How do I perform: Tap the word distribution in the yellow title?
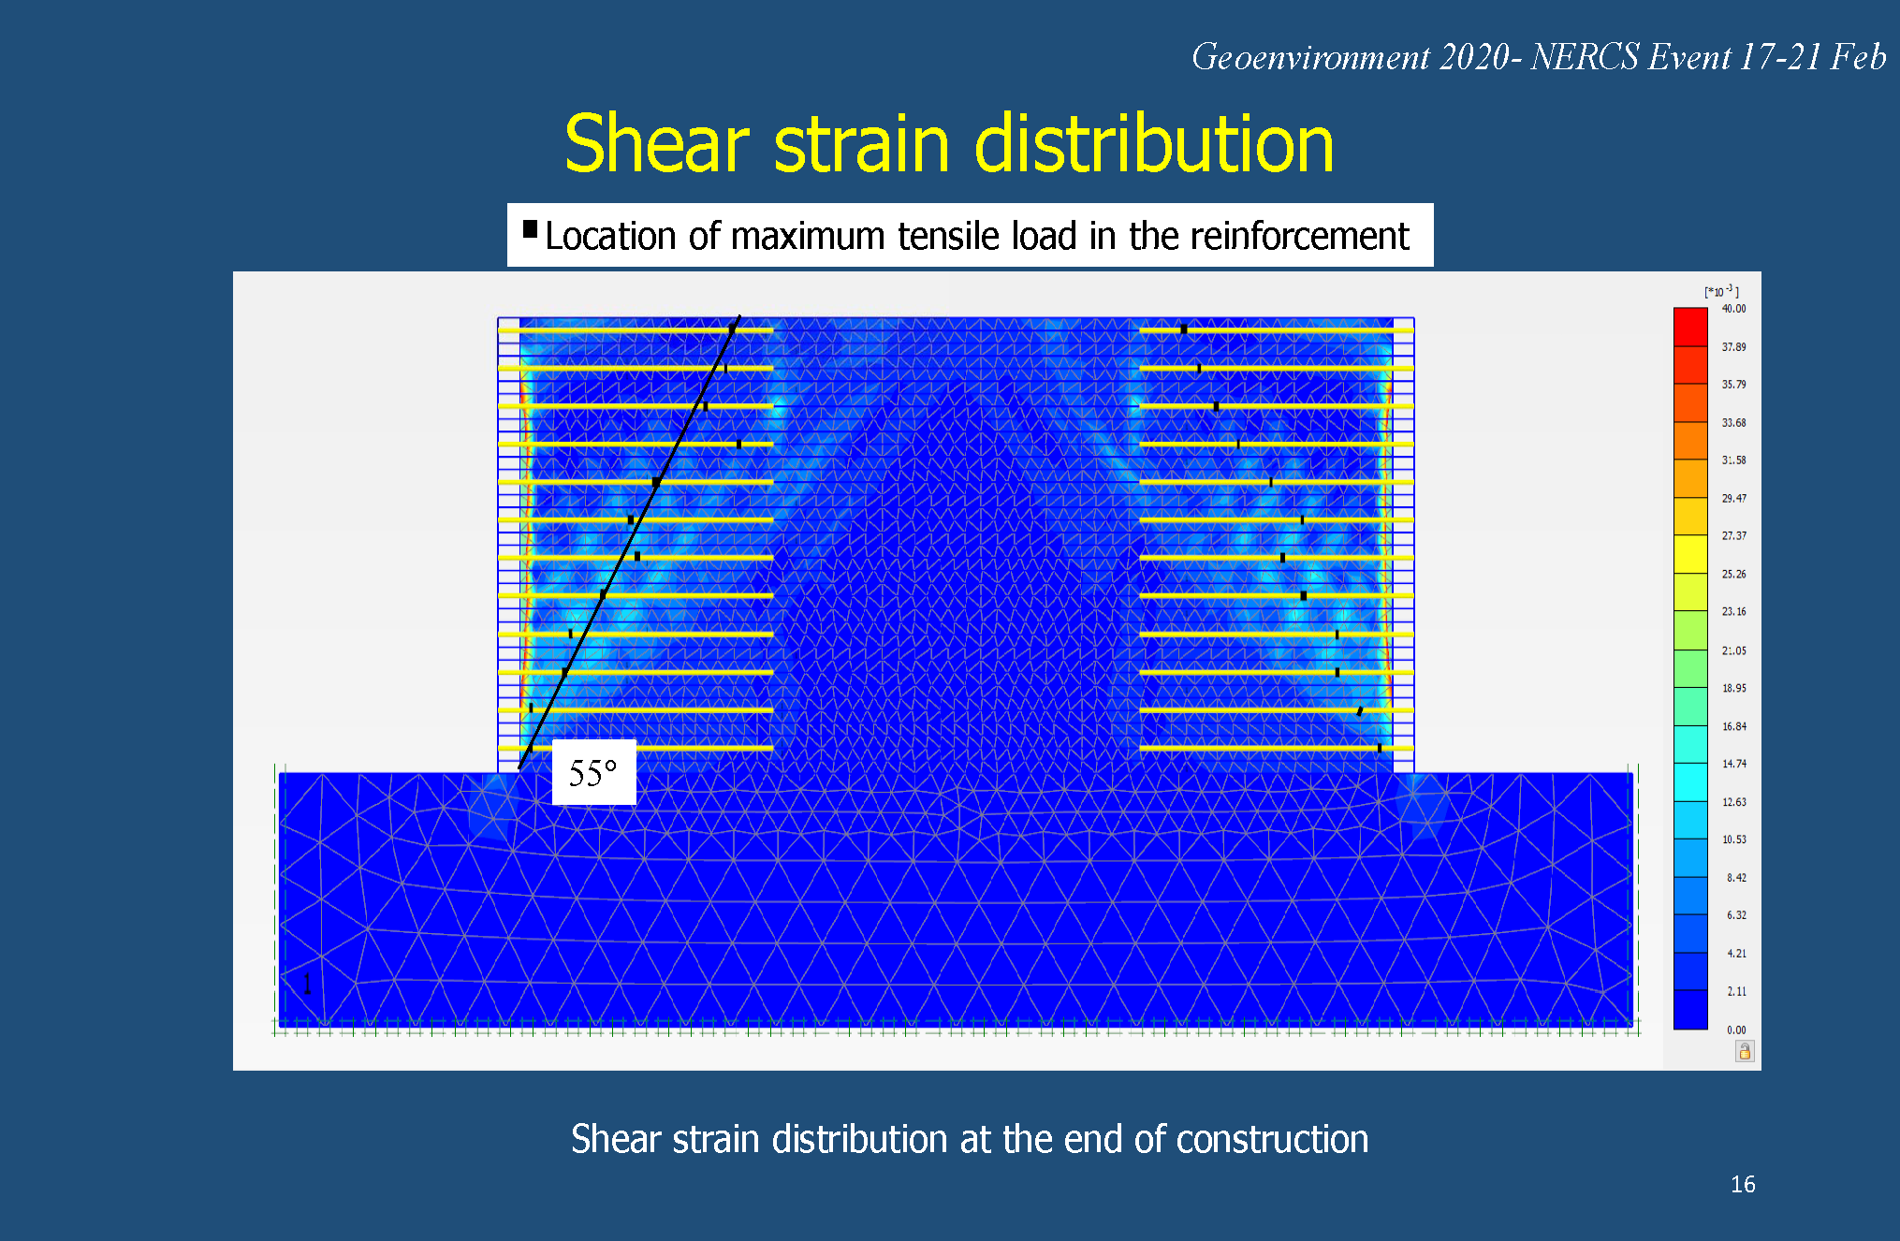1154,144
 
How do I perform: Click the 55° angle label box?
593,772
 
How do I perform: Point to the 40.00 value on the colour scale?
1733,309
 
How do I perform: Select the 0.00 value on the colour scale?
1736,1029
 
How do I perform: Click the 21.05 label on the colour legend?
1733,650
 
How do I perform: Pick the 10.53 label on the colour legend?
1733,839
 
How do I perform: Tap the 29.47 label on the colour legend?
1733,499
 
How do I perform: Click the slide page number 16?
1743,1185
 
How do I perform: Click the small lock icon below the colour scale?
1745,1052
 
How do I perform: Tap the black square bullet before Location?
530,229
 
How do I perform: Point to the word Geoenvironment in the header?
1310,58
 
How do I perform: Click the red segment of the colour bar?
1690,327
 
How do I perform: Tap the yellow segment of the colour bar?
1690,554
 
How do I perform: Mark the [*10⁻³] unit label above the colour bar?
1721,291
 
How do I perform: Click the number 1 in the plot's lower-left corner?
307,984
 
